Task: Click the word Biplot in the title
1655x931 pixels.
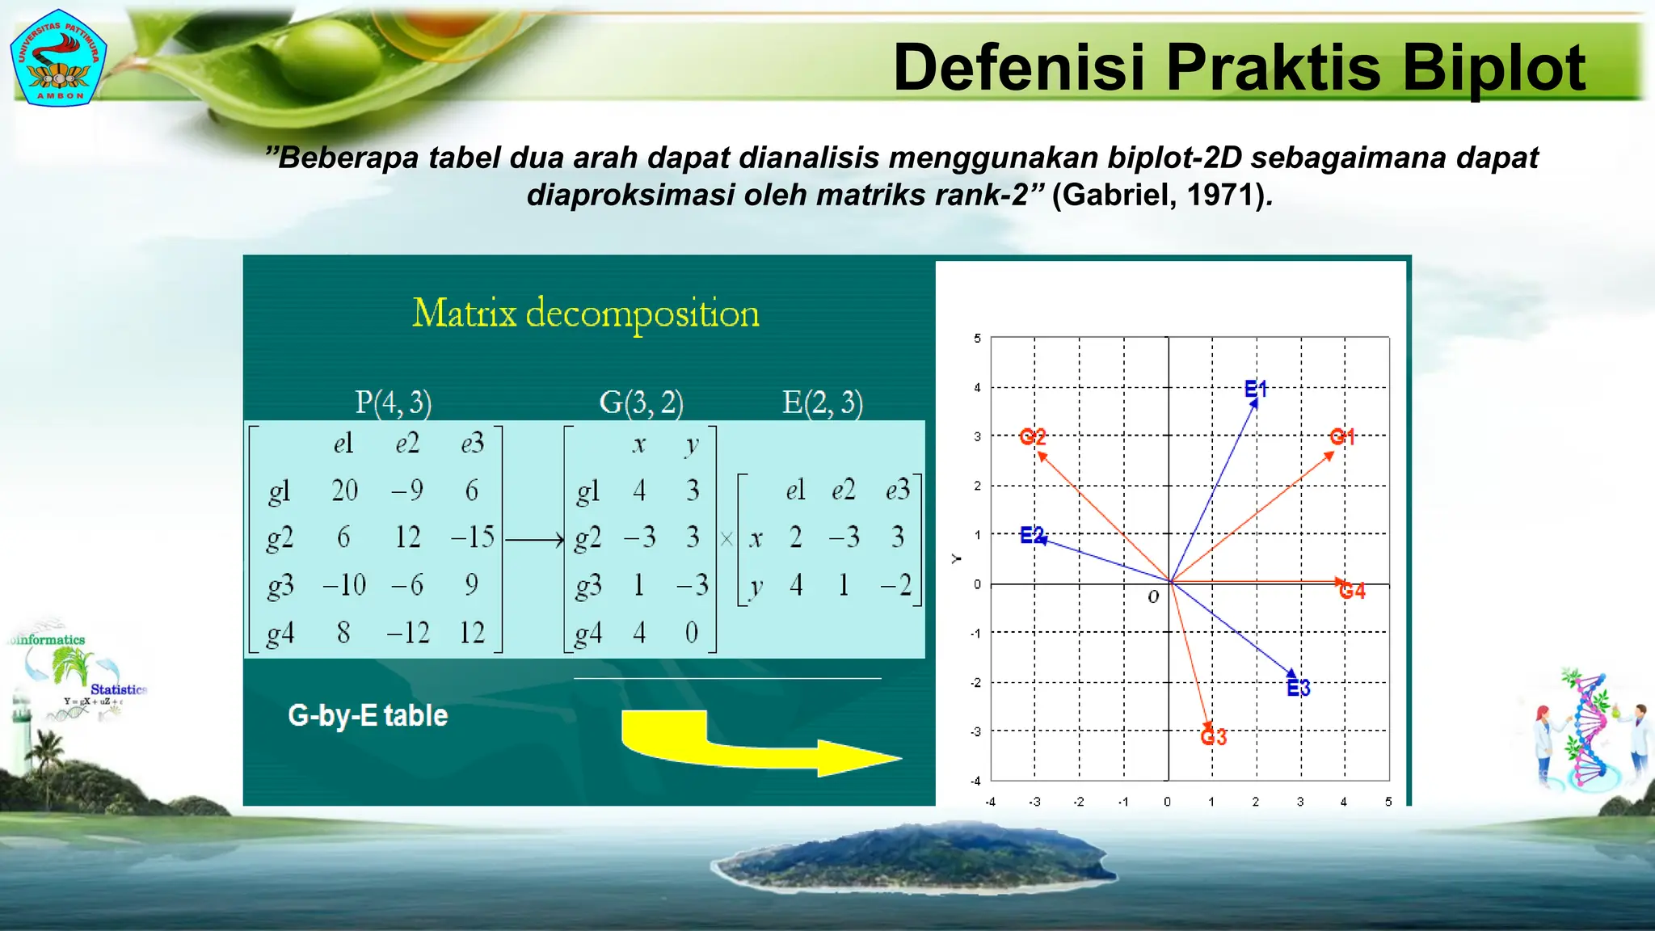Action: coord(1493,68)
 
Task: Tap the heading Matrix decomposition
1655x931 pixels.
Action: coord(585,314)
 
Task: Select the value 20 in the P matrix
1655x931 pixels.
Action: coord(344,491)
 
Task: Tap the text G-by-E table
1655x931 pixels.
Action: coord(368,716)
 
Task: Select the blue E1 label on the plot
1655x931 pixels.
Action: coord(1256,389)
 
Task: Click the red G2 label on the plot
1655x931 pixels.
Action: coord(1032,436)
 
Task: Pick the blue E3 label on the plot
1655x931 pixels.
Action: coord(1298,688)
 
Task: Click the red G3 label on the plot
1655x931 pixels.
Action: coord(1213,737)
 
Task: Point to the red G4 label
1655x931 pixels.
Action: coord(1352,592)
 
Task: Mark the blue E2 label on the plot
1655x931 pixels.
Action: coord(1032,535)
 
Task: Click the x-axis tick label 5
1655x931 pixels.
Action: coord(1388,802)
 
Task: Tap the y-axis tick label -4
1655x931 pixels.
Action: coord(975,781)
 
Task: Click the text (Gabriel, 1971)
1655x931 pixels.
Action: coord(1162,195)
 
